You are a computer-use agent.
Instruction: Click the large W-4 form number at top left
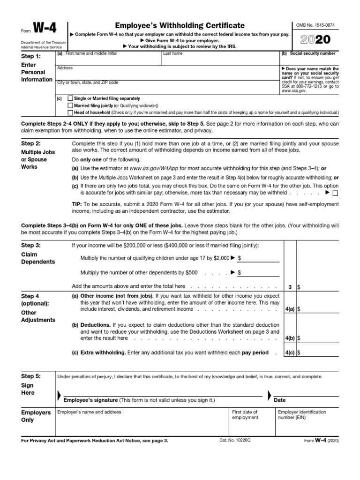pyautogui.click(x=45, y=29)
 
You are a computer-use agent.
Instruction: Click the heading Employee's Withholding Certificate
pyautogui.click(x=180, y=25)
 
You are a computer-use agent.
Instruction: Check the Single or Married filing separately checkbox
pyautogui.click(x=70, y=98)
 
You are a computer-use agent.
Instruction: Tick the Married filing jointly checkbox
pyautogui.click(x=70, y=105)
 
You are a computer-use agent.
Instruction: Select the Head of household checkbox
pyautogui.click(x=70, y=112)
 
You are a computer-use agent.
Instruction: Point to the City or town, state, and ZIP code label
pyautogui.click(x=87, y=82)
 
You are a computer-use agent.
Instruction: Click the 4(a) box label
pyautogui.click(x=290, y=309)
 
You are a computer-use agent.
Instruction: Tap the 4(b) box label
pyautogui.click(x=290, y=337)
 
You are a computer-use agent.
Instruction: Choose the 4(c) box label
pyautogui.click(x=290, y=352)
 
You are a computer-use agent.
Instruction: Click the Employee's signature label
pyautogui.click(x=90, y=400)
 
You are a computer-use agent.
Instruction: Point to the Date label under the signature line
pyautogui.click(x=279, y=400)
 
